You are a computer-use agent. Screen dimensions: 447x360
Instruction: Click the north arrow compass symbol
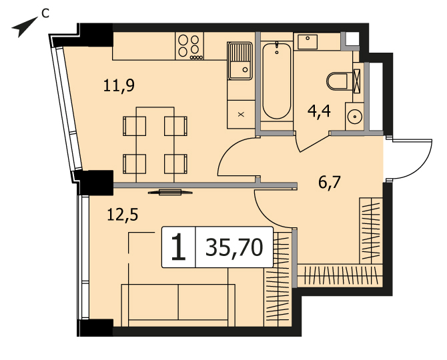click(x=23, y=28)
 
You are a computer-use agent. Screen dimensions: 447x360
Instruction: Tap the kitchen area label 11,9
click(x=119, y=85)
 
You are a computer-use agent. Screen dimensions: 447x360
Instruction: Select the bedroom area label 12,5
click(x=123, y=215)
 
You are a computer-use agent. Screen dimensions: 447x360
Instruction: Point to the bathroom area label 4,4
click(x=319, y=111)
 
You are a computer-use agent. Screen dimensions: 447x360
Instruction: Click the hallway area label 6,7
click(x=330, y=183)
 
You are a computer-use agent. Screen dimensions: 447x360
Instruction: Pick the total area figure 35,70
click(x=234, y=247)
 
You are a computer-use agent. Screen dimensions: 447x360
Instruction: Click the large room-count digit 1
click(x=179, y=247)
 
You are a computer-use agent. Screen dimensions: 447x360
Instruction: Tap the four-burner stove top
click(x=189, y=46)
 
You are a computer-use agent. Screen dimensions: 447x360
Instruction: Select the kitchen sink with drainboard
click(x=240, y=61)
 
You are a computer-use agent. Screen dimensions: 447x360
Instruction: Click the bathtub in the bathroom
click(x=276, y=81)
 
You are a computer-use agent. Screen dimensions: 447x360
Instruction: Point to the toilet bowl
click(x=337, y=81)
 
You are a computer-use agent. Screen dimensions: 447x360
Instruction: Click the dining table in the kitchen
click(x=155, y=145)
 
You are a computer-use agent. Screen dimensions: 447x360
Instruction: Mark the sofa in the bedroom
click(x=178, y=305)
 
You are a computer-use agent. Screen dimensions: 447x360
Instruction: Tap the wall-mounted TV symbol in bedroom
click(x=170, y=192)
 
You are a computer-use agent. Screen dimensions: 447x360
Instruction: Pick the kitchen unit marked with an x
click(x=241, y=114)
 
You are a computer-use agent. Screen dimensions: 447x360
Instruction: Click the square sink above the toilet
click(x=308, y=42)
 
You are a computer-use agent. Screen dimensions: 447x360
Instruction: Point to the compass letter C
click(x=45, y=13)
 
